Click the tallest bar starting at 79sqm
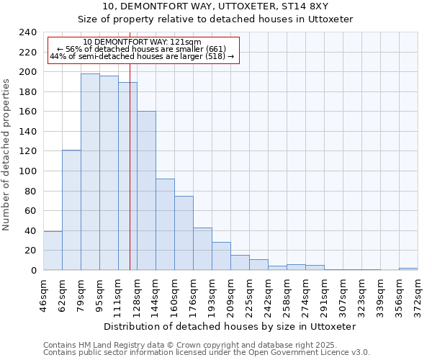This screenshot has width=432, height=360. tap(90, 172)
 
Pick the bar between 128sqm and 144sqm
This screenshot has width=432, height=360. tap(146, 191)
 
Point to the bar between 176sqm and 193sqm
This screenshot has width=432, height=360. tap(202, 249)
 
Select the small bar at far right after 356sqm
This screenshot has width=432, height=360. tap(408, 269)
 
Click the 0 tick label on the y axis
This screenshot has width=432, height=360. tap(33, 271)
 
